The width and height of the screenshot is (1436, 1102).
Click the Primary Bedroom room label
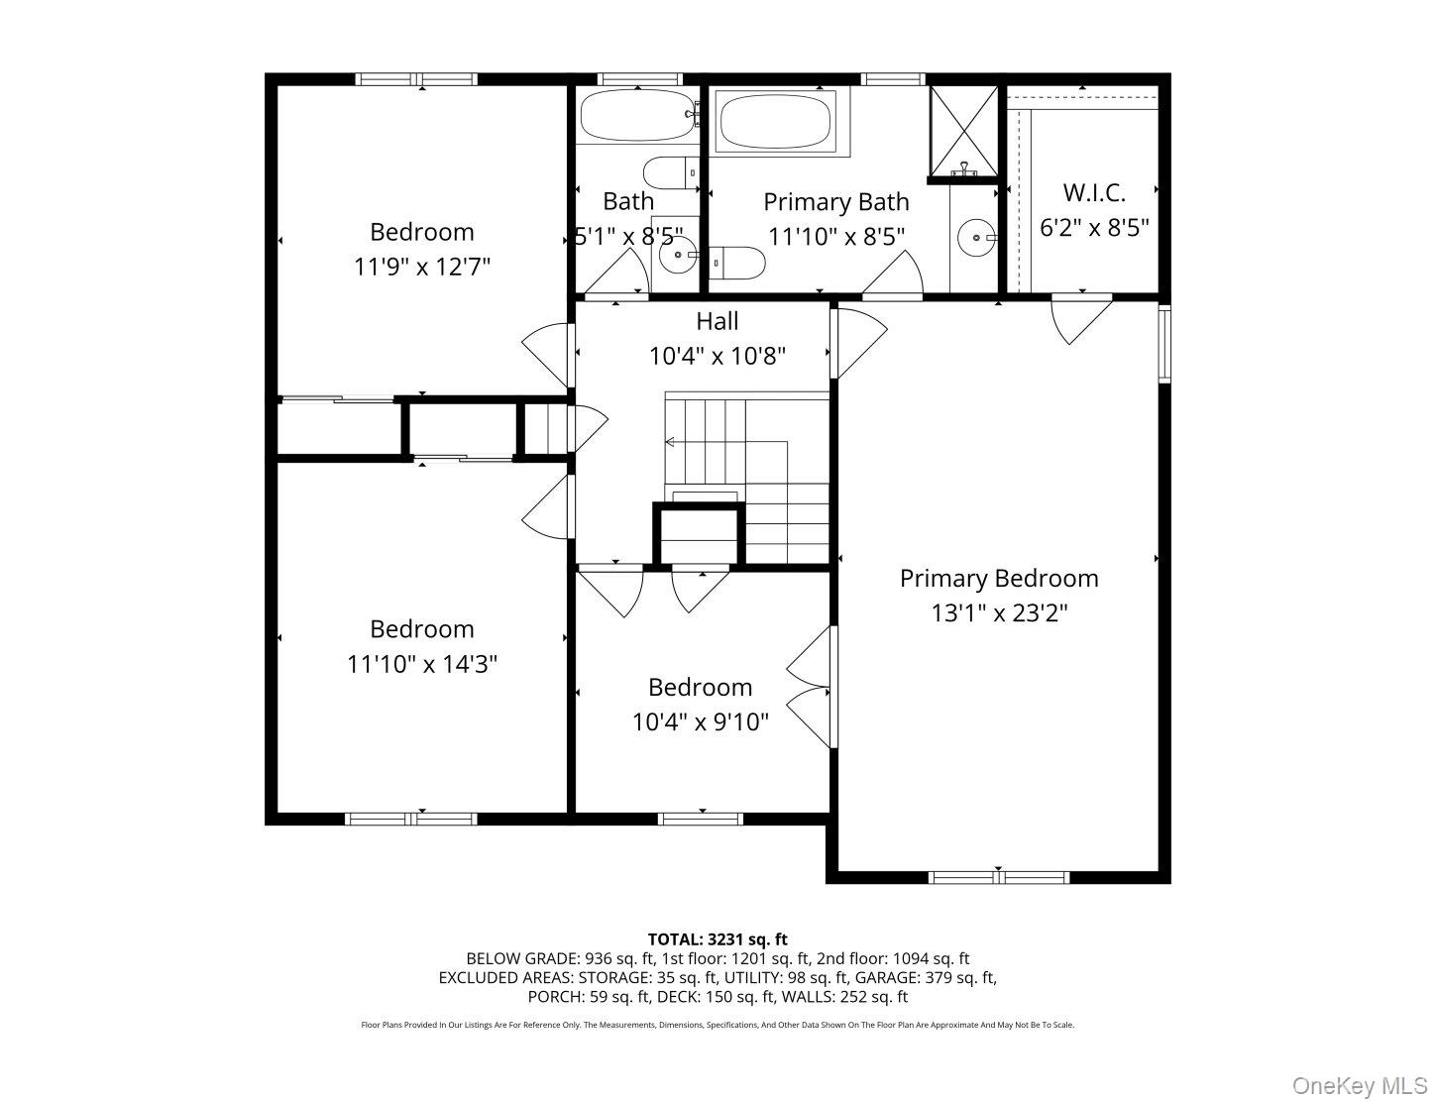998,578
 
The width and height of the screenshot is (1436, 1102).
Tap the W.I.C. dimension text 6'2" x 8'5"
1094,228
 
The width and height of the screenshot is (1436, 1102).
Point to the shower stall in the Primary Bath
963,131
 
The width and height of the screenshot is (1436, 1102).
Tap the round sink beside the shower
977,238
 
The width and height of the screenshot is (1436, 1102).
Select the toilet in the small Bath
671,172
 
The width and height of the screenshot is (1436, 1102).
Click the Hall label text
717,321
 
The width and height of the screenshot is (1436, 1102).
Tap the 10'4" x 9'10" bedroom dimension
700,722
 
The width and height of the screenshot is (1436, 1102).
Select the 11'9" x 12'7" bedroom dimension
422,267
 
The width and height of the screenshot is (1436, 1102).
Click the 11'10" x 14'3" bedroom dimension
422,664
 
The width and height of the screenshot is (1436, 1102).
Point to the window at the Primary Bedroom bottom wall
998,877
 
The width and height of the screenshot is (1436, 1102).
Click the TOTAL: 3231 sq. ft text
718,938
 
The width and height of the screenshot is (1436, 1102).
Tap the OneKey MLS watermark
1359,1086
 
